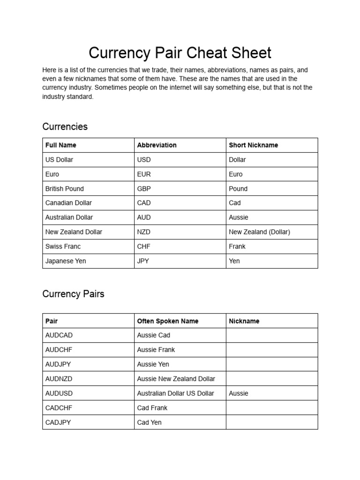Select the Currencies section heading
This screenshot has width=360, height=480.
click(65, 127)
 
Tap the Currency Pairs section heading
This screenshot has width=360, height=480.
click(73, 294)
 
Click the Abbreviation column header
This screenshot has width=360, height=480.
click(157, 145)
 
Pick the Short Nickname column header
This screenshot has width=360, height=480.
click(253, 145)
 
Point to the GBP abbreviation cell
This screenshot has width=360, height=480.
click(144, 188)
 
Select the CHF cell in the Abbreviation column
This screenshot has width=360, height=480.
click(144, 246)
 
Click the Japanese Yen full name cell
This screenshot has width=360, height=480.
click(66, 261)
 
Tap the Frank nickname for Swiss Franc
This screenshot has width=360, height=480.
click(237, 246)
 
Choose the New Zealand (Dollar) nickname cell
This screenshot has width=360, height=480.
click(259, 232)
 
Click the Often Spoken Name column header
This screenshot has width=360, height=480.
click(167, 321)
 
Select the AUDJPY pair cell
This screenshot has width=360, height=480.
click(59, 364)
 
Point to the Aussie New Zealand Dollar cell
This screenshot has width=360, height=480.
click(176, 379)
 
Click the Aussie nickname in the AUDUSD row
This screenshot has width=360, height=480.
click(239, 393)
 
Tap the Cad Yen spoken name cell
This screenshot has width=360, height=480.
click(149, 422)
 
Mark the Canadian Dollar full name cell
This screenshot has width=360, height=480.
click(68, 203)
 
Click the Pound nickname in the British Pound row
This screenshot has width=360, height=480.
click(238, 188)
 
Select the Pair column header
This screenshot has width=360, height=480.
click(52, 321)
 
